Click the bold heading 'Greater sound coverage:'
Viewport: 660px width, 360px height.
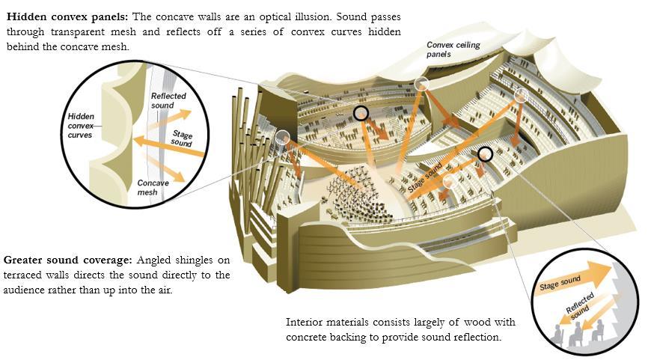(68, 260)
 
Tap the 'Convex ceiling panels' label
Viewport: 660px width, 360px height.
(453, 49)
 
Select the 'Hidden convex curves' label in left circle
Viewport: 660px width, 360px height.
(80, 126)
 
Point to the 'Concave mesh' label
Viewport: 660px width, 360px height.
(153, 188)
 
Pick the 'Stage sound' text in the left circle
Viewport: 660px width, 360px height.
(182, 138)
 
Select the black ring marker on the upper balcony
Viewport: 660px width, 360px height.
(361, 113)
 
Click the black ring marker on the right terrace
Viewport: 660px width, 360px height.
(485, 154)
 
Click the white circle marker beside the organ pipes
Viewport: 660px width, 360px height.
(283, 136)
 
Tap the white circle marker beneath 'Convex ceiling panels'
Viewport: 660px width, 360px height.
(421, 85)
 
